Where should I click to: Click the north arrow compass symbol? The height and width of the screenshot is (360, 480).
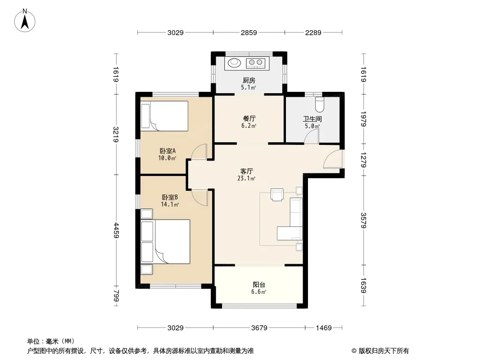pyautogui.click(x=25, y=21)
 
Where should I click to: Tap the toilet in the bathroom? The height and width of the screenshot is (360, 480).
pyautogui.click(x=319, y=104)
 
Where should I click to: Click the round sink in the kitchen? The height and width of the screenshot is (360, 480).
pyautogui.click(x=235, y=63)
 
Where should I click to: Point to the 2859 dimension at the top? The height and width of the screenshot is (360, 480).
pyautogui.click(x=249, y=32)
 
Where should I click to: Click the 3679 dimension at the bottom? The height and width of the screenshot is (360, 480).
pyautogui.click(x=259, y=328)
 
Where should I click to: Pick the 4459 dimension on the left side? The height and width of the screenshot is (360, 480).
pyautogui.click(x=116, y=230)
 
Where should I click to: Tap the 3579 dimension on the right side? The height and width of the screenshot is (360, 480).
pyautogui.click(x=363, y=220)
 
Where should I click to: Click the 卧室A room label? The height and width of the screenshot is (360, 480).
pyautogui.click(x=168, y=151)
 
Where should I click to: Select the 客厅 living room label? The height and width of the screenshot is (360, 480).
pyautogui.click(x=246, y=171)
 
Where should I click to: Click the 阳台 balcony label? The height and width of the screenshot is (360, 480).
pyautogui.click(x=259, y=285)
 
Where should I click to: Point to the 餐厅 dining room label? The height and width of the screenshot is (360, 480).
pyautogui.click(x=249, y=118)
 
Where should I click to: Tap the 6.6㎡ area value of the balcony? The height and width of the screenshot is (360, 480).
pyautogui.click(x=258, y=292)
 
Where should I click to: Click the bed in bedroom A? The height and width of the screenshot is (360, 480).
pyautogui.click(x=164, y=116)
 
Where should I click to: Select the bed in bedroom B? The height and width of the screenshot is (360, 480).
pyautogui.click(x=165, y=242)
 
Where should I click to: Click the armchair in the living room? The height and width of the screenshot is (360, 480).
pyautogui.click(x=277, y=194)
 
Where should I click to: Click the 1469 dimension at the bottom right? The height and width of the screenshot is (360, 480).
pyautogui.click(x=324, y=328)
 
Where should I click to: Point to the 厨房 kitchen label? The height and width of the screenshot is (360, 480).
pyautogui.click(x=249, y=81)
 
